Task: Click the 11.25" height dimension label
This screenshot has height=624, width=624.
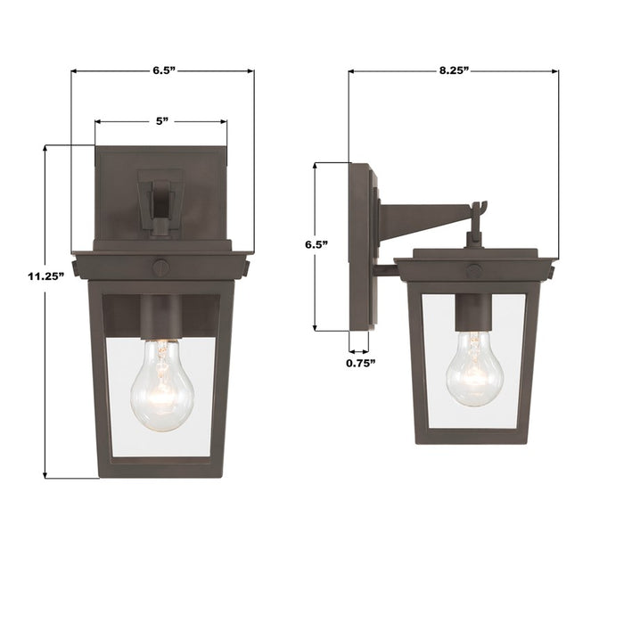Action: (45, 276)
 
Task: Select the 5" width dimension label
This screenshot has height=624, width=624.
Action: (160, 119)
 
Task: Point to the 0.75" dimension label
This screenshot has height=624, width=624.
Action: (360, 363)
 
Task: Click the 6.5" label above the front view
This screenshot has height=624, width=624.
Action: (163, 68)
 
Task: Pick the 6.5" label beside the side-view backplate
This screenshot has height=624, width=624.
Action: (316, 243)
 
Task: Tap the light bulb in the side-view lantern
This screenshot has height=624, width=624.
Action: (474, 368)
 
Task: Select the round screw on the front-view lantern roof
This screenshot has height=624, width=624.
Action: (161, 265)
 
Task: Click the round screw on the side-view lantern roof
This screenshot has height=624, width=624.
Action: (474, 270)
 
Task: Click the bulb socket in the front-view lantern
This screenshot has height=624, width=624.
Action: (161, 316)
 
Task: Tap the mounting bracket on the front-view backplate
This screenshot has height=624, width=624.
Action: (161, 201)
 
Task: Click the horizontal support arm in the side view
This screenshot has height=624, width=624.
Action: (423, 217)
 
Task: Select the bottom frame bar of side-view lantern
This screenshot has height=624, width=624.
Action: (473, 436)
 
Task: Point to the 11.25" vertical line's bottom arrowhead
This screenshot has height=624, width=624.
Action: (45, 474)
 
